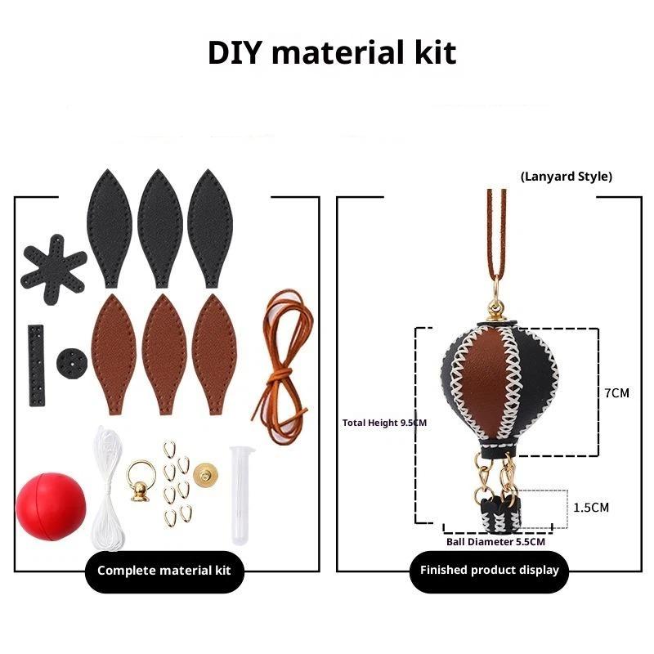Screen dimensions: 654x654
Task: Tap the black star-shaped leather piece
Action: coord(53,266)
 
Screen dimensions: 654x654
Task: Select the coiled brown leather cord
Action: coord(281,360)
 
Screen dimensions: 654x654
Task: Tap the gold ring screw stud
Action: coord(141,480)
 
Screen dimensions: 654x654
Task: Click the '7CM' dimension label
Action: coord(616,392)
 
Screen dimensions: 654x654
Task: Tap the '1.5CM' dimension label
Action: coord(590,507)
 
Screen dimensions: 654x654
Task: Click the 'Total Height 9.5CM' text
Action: coord(384,423)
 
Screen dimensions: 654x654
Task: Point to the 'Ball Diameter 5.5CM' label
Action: coord(495,541)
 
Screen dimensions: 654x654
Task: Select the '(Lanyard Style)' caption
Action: coord(566,176)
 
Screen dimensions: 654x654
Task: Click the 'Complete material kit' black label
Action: coord(164,570)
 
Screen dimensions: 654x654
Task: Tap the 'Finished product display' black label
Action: coord(489,570)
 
